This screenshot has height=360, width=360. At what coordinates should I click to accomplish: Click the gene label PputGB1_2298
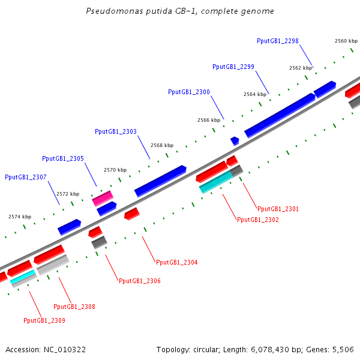[x=278, y=41]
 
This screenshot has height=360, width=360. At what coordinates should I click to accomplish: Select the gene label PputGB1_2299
[x=233, y=67]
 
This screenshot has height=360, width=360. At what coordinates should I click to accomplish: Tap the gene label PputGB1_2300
[x=189, y=92]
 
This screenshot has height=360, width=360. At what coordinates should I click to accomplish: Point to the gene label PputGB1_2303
[x=116, y=131]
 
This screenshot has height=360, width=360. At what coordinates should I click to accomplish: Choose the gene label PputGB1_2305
[x=63, y=158]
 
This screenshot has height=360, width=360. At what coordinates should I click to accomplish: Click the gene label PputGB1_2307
[x=26, y=177]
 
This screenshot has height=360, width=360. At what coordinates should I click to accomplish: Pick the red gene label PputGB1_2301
[x=278, y=209]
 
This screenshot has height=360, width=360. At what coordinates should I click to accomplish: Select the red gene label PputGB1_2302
[x=258, y=220]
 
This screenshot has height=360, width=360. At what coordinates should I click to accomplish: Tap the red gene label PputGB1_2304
[x=176, y=262]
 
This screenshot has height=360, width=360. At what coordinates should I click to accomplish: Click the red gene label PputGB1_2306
[x=139, y=281]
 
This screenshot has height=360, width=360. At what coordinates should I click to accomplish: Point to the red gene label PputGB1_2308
[x=74, y=307]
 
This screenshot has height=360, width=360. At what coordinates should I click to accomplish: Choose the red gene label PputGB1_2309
[x=44, y=320]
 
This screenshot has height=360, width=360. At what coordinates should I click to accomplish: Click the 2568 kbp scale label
[x=162, y=145]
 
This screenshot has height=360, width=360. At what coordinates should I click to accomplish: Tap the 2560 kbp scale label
[x=346, y=41]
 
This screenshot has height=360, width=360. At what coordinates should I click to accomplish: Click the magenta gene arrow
[x=103, y=199]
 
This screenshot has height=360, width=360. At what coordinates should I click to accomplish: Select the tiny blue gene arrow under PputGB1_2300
[x=235, y=140]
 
